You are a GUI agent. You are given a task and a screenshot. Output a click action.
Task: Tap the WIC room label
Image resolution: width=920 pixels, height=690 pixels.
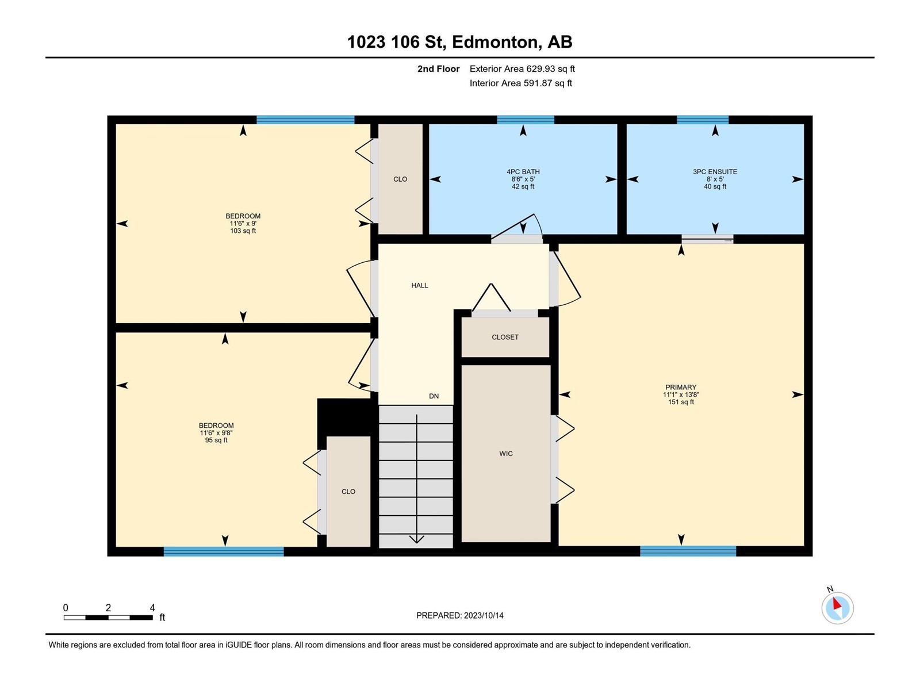click(x=506, y=453)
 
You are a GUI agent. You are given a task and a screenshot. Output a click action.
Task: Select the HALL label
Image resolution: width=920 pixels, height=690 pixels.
click(x=420, y=285)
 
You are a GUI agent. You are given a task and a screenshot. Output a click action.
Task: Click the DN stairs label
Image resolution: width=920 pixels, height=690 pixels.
click(x=434, y=396)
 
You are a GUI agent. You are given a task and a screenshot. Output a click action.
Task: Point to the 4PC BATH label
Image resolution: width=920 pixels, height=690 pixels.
click(x=523, y=171)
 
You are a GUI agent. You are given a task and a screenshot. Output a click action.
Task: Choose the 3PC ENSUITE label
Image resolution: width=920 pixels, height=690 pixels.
click(x=715, y=171)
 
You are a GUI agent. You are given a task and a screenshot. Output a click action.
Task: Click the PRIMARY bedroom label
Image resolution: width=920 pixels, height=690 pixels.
click(x=681, y=387)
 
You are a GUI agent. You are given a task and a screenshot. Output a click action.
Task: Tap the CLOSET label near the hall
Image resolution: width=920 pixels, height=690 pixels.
click(x=505, y=337)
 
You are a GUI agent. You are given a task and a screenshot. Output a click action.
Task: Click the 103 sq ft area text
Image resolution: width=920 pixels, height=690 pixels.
click(x=243, y=231)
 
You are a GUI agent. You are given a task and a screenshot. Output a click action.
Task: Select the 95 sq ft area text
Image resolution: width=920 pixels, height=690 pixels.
click(x=216, y=440)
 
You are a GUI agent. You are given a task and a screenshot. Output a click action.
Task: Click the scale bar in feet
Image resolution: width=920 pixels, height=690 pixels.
click(x=108, y=617)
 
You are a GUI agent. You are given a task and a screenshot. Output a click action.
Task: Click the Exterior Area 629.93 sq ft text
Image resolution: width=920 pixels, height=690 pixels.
click(x=522, y=68)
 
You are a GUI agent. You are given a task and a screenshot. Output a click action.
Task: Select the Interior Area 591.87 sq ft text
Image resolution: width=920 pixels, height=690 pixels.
click(x=520, y=83)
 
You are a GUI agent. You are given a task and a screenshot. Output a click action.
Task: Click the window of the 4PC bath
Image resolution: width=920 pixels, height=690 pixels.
click(x=526, y=120)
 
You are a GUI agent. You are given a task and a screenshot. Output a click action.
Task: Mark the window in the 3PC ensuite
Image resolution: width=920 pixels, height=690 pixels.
click(x=703, y=120)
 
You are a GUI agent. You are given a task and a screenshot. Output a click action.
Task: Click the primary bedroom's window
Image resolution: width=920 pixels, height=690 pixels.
click(x=688, y=551)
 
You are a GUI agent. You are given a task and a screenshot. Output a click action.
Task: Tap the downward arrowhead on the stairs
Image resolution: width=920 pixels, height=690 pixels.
click(x=417, y=539)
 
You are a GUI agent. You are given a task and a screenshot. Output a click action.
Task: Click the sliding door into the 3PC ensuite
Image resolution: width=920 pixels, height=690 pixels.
click(x=707, y=240)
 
